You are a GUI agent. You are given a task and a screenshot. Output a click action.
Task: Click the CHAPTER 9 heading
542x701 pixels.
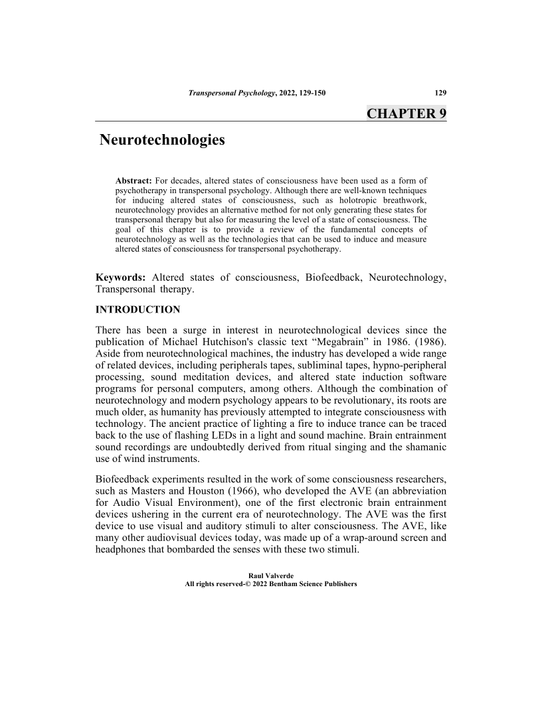406,113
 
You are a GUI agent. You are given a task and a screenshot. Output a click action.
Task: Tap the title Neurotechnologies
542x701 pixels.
162,141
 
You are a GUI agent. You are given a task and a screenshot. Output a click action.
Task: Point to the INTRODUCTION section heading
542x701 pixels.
138,309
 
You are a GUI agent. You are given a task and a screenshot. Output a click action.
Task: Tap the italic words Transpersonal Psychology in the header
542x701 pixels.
231,92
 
